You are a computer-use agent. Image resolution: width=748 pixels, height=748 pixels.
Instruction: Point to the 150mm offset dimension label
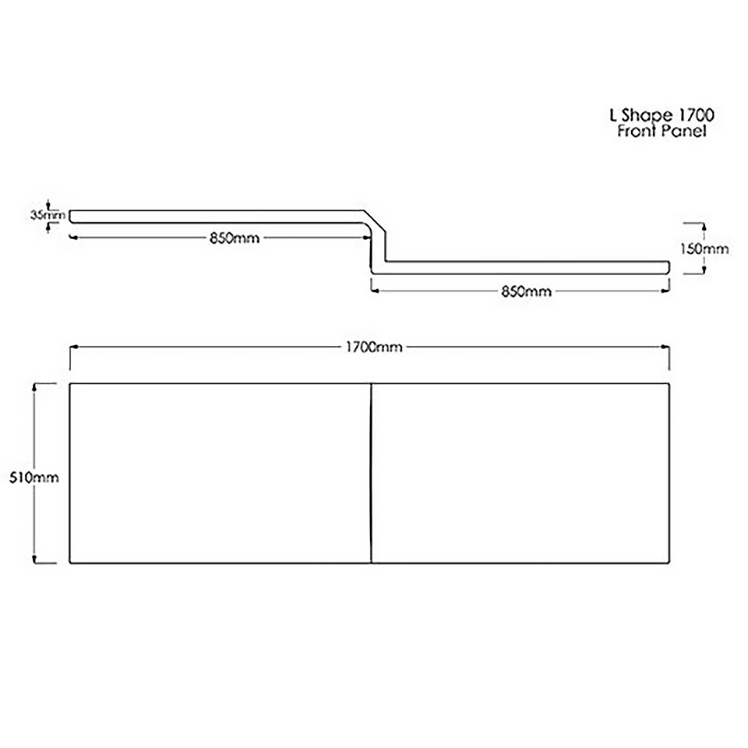[x=704, y=249]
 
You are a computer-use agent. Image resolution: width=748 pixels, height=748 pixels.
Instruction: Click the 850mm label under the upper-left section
[x=234, y=238]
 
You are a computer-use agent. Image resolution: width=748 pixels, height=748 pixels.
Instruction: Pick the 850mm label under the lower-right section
[x=526, y=291]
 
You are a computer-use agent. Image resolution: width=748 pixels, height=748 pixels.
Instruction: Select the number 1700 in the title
[x=695, y=115]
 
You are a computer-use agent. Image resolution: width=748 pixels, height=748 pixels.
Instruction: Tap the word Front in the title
[x=636, y=131]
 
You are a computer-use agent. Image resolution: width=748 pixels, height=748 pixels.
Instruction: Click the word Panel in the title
[x=684, y=131]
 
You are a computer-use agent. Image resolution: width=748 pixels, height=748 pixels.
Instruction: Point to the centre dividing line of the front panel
[x=371, y=473]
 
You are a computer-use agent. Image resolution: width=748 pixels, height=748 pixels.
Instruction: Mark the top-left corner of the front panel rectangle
[x=71, y=384]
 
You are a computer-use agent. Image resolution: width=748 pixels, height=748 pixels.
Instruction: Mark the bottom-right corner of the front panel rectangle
[x=671, y=562]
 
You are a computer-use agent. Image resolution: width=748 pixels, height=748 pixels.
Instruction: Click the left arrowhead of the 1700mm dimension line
[x=73, y=348]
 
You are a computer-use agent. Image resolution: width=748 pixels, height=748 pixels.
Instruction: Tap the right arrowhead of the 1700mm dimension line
[x=668, y=348]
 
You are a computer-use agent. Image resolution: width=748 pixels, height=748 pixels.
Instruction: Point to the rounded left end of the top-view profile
[x=71, y=216]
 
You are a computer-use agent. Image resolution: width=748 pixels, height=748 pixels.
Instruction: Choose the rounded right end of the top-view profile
[x=669, y=267]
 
